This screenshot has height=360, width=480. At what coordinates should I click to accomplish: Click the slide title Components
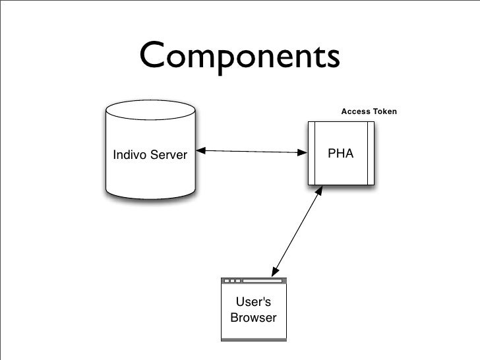(x=239, y=58)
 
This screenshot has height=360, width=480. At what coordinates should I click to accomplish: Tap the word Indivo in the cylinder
(x=129, y=156)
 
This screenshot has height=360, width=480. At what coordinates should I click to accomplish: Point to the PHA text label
(x=341, y=154)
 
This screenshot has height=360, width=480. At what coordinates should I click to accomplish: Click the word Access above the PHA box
(x=355, y=112)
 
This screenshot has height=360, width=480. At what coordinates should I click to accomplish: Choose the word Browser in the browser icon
(x=253, y=318)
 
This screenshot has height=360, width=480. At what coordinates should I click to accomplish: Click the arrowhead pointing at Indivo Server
(x=200, y=152)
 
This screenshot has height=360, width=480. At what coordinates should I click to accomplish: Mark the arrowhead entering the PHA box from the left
(x=304, y=153)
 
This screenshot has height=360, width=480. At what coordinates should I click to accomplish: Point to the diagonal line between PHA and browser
(x=297, y=230)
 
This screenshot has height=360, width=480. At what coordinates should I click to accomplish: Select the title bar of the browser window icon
(x=253, y=280)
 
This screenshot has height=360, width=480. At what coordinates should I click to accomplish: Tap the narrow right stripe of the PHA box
(x=371, y=153)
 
